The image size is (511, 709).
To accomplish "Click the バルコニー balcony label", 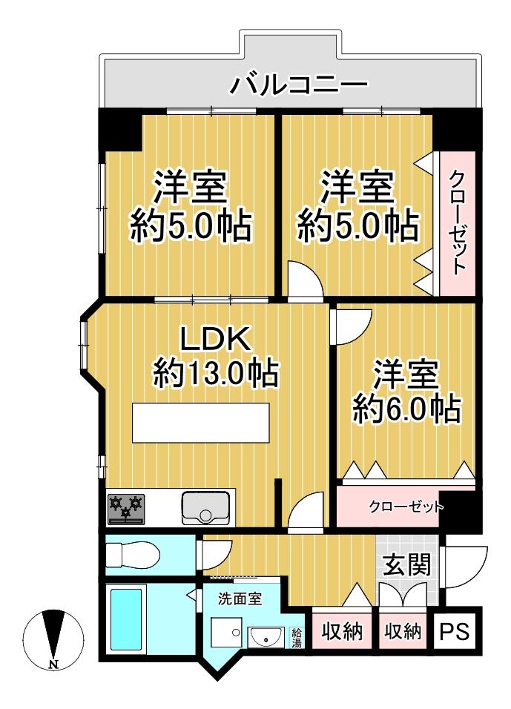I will tap(298, 84).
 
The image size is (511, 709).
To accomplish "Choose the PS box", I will tap(456, 632).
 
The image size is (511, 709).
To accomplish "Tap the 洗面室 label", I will tap(239, 598).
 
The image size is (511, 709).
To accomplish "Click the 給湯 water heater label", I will tap(297, 637).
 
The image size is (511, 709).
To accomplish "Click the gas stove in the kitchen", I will tap(125, 509).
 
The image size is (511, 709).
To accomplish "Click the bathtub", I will tap(125, 619).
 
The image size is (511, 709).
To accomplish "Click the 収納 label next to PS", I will tap(403, 632).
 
